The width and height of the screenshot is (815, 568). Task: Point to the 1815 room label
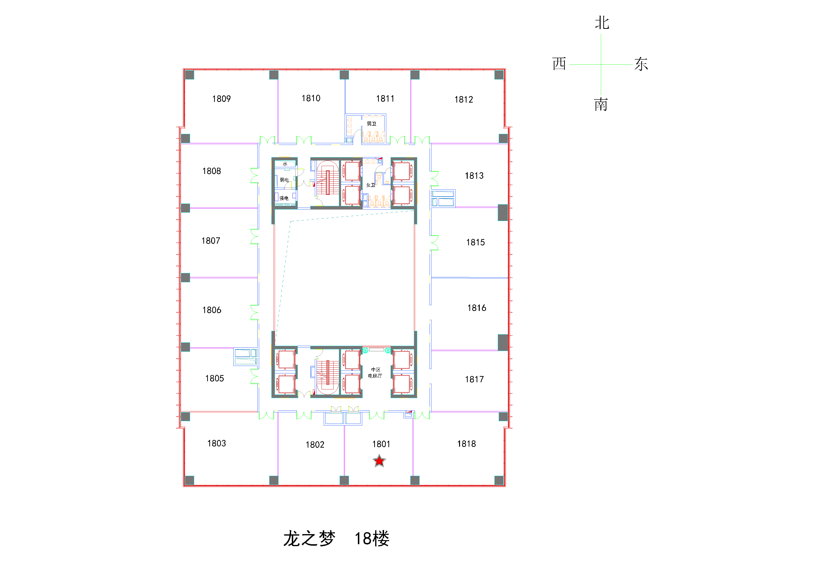coord(475,242)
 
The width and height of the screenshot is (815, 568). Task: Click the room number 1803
coord(217,444)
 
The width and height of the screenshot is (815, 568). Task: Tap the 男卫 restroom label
coord(371,124)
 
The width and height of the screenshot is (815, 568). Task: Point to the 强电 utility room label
coord(284,198)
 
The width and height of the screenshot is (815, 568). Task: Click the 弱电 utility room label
coord(284,180)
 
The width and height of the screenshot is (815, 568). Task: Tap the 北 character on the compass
coord(602,23)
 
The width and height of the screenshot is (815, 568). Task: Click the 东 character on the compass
coord(641,64)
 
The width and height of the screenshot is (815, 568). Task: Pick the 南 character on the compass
coord(601,104)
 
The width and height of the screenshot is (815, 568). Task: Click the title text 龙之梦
coord(309,538)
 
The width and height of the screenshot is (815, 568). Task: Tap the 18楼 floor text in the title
coord(372,538)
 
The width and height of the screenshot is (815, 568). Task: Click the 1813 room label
coord(474,176)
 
